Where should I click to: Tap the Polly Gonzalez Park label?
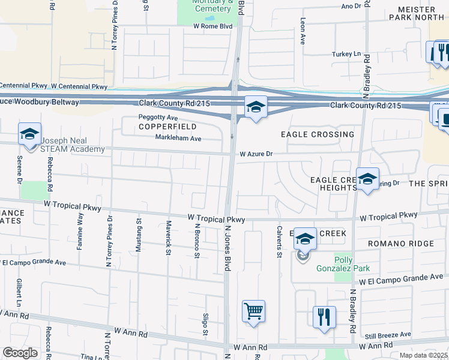[343, 263]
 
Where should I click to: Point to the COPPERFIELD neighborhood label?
[160, 127]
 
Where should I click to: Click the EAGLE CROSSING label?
[317, 134]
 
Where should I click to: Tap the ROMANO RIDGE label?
[400, 244]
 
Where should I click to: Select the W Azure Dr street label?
[256, 154]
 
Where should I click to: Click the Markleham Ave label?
[178, 139]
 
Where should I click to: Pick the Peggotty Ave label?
[158, 118]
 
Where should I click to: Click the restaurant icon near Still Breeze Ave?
[324, 316]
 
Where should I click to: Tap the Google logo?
[20, 353]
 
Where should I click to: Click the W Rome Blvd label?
[213, 26]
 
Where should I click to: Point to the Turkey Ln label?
[346, 54]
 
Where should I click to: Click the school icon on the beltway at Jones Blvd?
[256, 108]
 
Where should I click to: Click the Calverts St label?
[279, 241]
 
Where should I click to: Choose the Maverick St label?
[167, 238]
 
